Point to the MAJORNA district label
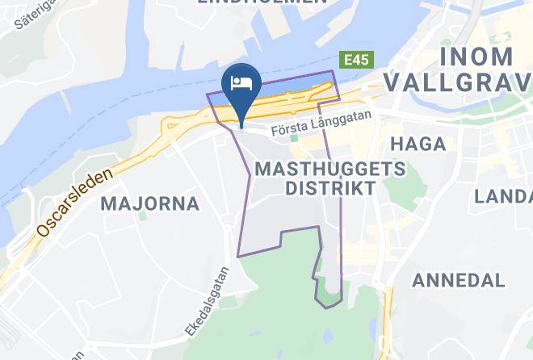[150, 203]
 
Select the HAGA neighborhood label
[418, 144]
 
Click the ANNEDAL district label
[459, 280]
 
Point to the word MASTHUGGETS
[329, 169]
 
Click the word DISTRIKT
[331, 189]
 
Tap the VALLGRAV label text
[458, 82]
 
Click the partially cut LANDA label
[503, 196]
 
